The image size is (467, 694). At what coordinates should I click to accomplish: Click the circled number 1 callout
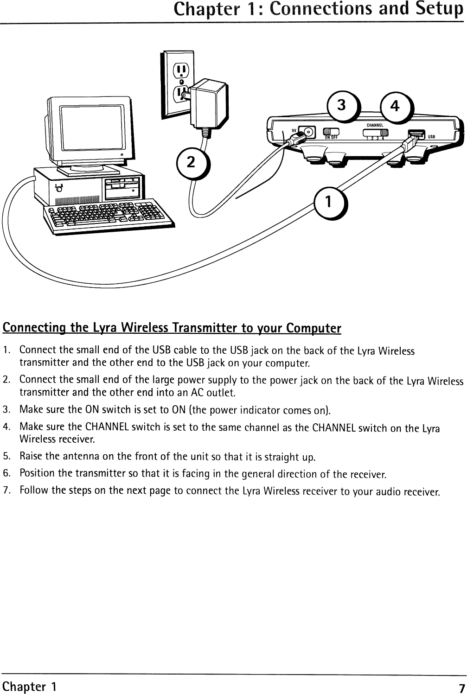(328, 202)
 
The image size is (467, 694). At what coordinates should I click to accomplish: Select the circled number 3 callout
(341, 105)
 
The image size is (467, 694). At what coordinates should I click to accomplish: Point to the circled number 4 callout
(395, 106)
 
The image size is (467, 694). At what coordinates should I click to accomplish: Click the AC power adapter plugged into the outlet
(207, 104)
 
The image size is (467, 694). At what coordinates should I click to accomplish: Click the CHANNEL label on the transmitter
(375, 125)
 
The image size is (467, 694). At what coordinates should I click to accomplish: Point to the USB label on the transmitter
(431, 137)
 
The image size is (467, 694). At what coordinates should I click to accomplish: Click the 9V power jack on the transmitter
(306, 133)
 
